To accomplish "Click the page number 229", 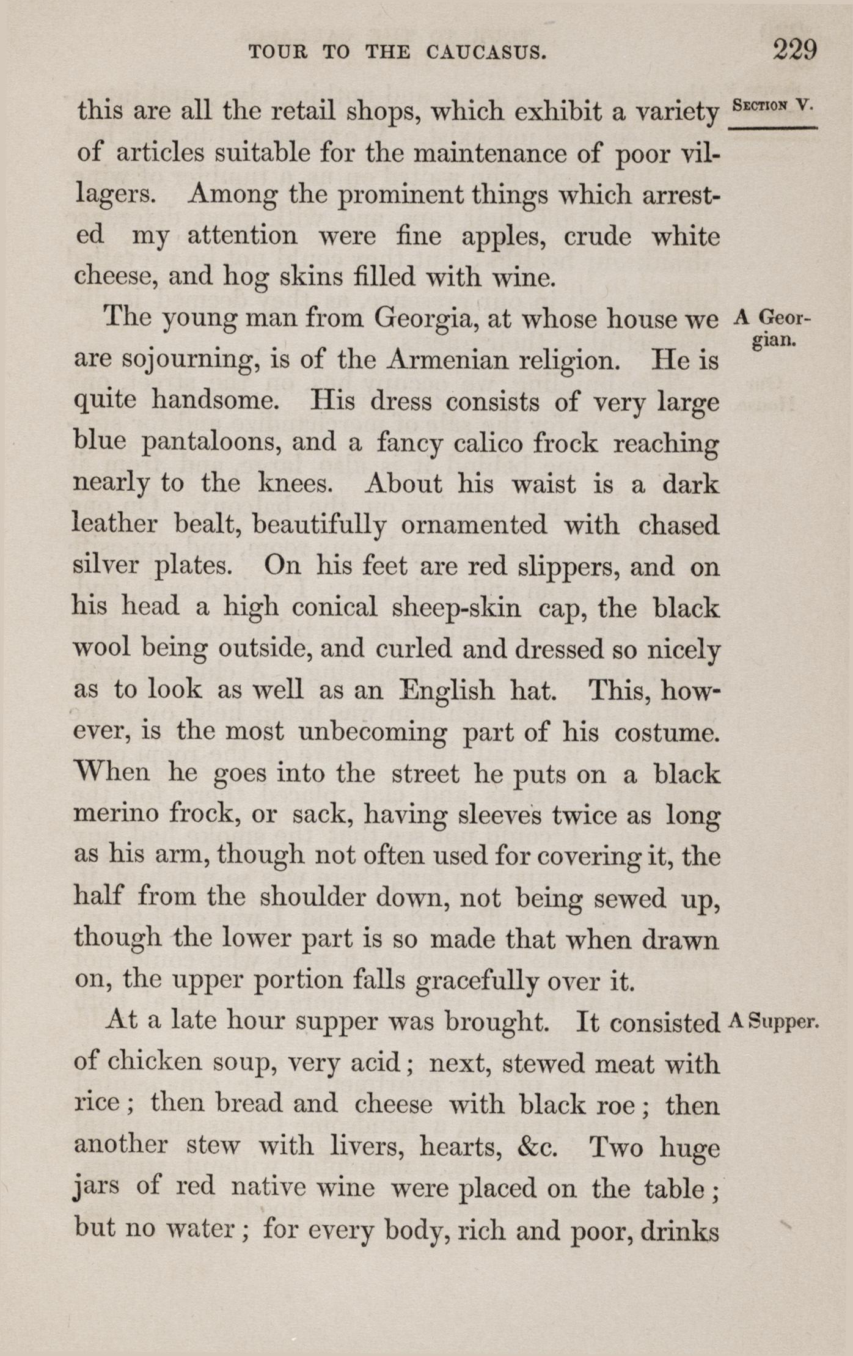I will tap(794, 50).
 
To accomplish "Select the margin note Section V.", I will tap(773, 104).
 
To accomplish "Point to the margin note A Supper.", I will tap(774, 1021).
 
